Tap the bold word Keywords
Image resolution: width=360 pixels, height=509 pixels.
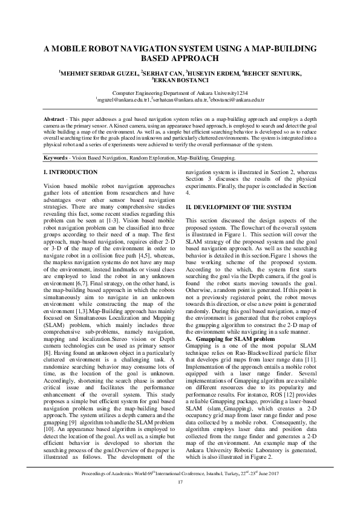59,158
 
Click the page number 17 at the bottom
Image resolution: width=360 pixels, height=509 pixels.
180,481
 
